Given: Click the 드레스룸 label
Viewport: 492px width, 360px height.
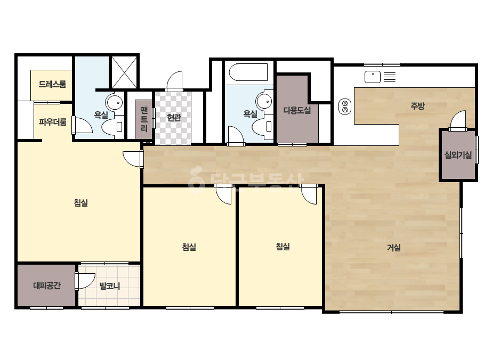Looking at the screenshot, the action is [52, 84].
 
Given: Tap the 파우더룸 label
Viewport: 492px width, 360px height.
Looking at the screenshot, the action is [52, 122].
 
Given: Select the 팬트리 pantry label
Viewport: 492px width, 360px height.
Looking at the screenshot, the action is [144, 119].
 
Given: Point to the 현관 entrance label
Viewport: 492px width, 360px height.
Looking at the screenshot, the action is [174, 118].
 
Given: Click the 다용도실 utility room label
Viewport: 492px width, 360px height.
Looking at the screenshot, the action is [297, 110].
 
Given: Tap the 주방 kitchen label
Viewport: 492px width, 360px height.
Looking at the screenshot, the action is [417, 106].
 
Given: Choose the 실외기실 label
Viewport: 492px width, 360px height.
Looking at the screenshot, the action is [458, 155].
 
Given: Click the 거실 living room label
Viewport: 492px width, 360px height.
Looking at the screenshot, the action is [394, 248].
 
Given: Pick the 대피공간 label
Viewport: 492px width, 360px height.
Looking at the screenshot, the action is [47, 285].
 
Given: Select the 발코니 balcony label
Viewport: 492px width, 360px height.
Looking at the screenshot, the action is [109, 286].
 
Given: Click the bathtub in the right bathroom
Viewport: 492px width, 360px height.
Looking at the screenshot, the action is [248, 72].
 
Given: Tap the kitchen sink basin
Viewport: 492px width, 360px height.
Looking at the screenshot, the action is [373, 77].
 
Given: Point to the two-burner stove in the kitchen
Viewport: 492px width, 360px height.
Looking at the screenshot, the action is [345, 107].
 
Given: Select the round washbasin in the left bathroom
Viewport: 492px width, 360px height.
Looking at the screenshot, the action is [114, 102].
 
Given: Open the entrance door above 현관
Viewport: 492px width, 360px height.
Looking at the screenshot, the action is [174, 81].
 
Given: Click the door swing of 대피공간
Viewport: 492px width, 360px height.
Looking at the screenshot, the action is [85, 281].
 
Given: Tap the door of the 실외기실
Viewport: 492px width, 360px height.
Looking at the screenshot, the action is [458, 120].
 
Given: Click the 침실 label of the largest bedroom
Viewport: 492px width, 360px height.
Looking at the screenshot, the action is [81, 203].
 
